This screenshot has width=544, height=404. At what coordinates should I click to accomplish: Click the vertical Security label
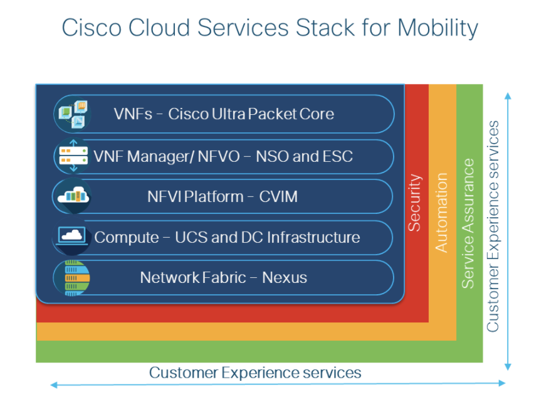415,203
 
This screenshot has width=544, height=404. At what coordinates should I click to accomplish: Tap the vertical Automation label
442,213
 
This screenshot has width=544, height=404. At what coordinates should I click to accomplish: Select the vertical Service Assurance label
468,223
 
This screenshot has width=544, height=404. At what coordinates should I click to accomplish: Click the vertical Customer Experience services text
494,226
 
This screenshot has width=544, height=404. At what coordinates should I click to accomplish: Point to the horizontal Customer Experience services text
255,373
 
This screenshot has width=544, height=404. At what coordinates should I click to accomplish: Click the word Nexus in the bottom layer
285,277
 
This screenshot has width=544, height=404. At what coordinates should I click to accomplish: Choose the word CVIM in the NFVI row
278,196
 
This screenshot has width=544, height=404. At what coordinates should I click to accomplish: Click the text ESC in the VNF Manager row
338,156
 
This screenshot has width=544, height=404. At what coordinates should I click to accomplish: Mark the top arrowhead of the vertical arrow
508,95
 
